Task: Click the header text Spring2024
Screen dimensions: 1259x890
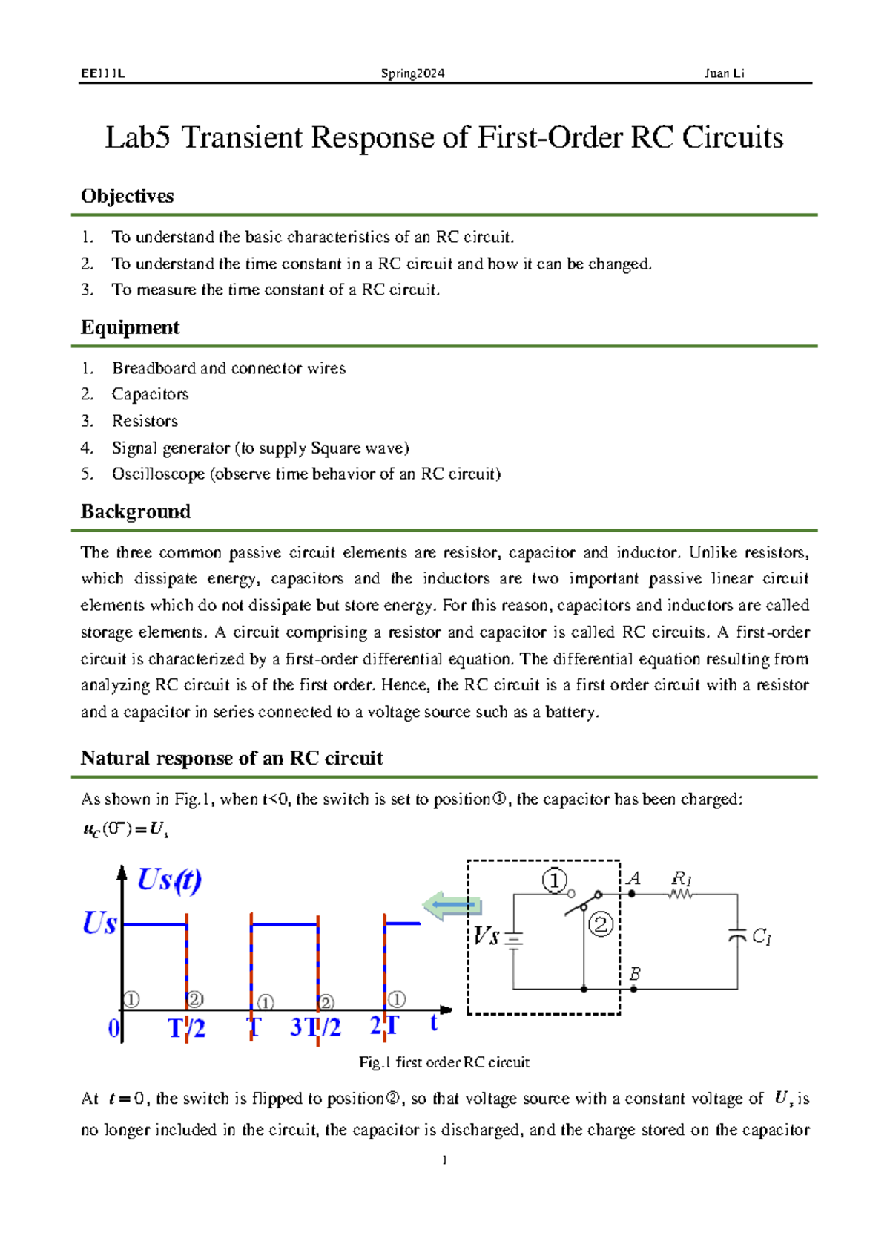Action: point(412,73)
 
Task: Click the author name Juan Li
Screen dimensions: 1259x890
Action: point(724,73)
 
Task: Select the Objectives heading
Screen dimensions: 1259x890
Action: point(127,196)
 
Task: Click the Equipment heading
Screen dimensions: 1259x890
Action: point(130,327)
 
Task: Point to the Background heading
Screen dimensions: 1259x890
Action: point(135,511)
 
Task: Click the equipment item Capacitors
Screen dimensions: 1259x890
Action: point(150,394)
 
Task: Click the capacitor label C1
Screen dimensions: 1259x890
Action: point(762,937)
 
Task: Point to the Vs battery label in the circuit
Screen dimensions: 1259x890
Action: point(487,936)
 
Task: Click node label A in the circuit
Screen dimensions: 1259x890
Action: point(633,879)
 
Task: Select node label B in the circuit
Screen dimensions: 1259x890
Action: point(635,973)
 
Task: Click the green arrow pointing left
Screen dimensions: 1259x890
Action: point(453,905)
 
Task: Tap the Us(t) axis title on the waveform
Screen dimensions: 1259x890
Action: point(169,880)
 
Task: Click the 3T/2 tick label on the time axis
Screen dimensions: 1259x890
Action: point(315,1027)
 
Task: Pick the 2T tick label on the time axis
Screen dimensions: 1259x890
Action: point(384,1026)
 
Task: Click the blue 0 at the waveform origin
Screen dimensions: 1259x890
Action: point(113,1029)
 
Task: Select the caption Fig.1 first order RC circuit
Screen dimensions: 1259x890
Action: point(444,1062)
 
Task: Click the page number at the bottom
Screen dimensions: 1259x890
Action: point(444,1160)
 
